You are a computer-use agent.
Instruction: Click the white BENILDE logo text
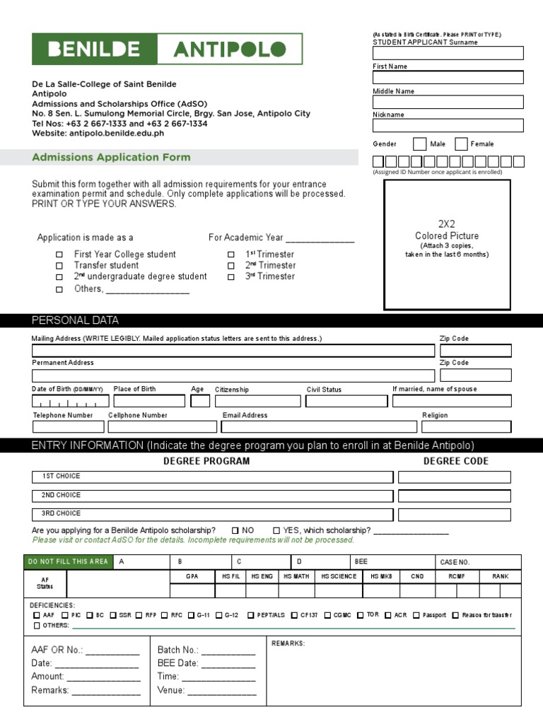click(x=93, y=49)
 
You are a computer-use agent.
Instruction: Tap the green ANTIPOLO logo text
click(x=230, y=49)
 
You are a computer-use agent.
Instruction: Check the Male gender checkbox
click(x=419, y=144)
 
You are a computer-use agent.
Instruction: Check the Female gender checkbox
click(x=461, y=144)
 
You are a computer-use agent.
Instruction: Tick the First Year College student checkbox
click(x=59, y=255)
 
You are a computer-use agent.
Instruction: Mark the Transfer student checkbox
click(x=59, y=267)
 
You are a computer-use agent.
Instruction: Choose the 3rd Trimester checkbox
click(x=230, y=278)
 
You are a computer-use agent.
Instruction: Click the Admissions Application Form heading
click(x=111, y=157)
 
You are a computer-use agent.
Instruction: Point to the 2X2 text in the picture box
click(x=446, y=224)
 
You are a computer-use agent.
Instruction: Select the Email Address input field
click(x=319, y=426)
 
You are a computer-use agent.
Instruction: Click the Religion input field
click(x=466, y=426)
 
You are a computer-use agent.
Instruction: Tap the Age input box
click(x=200, y=401)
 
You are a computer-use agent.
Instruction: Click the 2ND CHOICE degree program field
click(x=212, y=496)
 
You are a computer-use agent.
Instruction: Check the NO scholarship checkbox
click(x=235, y=530)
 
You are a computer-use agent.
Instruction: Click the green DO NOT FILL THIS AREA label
click(x=67, y=562)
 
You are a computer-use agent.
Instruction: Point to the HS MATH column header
click(x=296, y=577)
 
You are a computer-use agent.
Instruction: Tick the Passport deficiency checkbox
click(x=416, y=615)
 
